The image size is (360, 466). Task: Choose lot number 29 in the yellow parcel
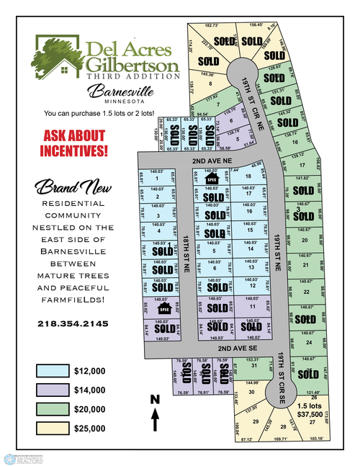pyautogui.click(x=255, y=421)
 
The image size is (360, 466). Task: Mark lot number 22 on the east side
pyautogui.click(x=307, y=292)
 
